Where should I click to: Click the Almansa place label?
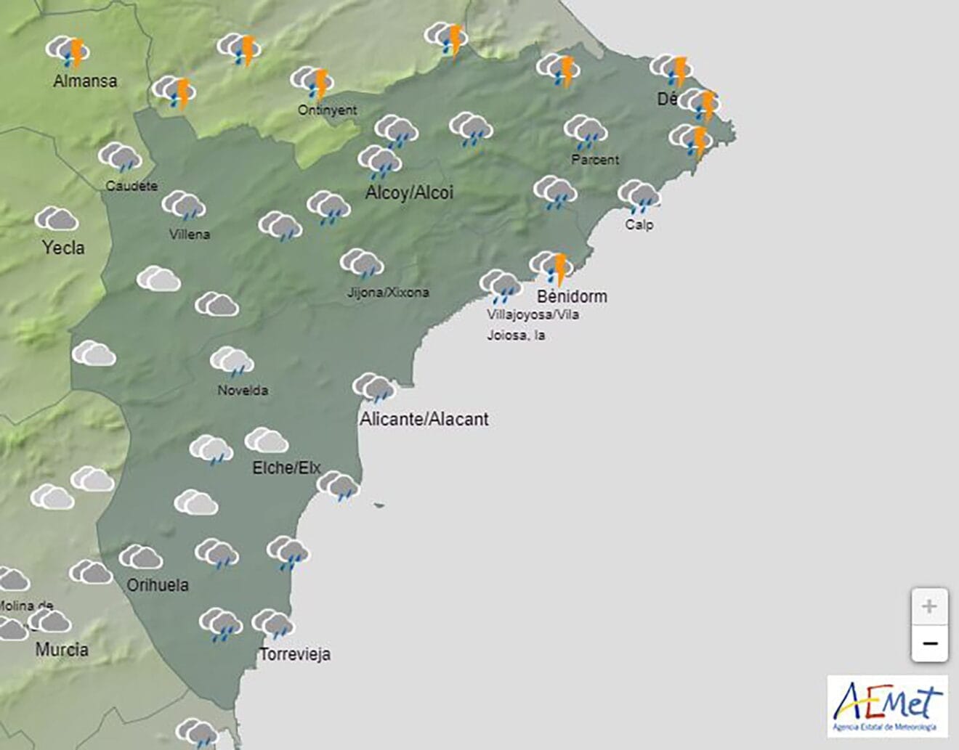coord(85,81)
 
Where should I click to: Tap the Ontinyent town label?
coord(327,110)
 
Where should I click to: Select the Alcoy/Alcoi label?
coord(409,192)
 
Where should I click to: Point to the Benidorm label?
coord(572,296)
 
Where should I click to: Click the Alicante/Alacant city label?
coord(424,419)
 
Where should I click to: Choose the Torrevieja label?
coord(295,654)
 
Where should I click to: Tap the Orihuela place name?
coord(158,585)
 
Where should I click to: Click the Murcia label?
coord(62,649)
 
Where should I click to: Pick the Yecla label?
coord(63,248)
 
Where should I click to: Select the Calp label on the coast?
coord(639,225)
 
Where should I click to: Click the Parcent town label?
coord(595,160)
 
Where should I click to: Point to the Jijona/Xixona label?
coord(388,293)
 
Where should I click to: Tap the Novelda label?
coord(243,391)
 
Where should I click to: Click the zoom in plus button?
coord(929,606)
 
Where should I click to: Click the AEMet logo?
coord(887,706)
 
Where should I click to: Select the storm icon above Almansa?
coord(68,52)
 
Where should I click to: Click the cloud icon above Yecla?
coord(57,219)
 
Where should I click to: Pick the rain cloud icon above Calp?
coord(639,196)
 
